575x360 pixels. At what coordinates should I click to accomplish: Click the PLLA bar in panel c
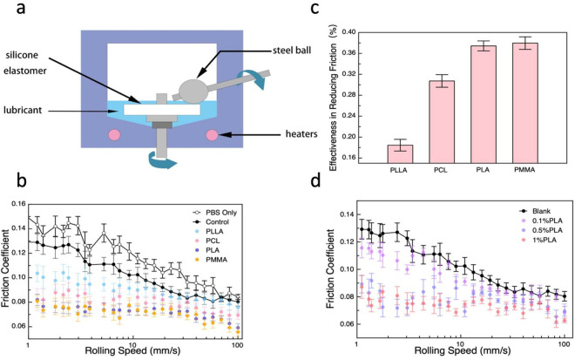400,153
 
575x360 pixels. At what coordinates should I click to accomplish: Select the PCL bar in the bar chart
442,122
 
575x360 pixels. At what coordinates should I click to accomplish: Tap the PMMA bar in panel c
525,103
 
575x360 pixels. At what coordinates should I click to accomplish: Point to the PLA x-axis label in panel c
484,170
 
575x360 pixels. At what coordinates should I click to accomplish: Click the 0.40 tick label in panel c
348,32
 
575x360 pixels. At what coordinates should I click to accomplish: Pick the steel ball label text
292,51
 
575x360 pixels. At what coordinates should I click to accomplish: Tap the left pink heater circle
114,135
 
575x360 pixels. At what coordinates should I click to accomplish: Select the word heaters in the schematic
301,134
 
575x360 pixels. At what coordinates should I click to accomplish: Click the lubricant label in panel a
23,110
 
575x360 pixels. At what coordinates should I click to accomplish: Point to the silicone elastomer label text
25,63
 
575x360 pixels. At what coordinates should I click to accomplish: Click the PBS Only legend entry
215,213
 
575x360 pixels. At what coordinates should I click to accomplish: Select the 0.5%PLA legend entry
540,230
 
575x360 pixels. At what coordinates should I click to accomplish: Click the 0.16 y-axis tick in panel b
18,204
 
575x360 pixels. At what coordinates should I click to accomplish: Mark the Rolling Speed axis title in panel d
463,350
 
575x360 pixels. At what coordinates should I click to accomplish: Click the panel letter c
315,8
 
